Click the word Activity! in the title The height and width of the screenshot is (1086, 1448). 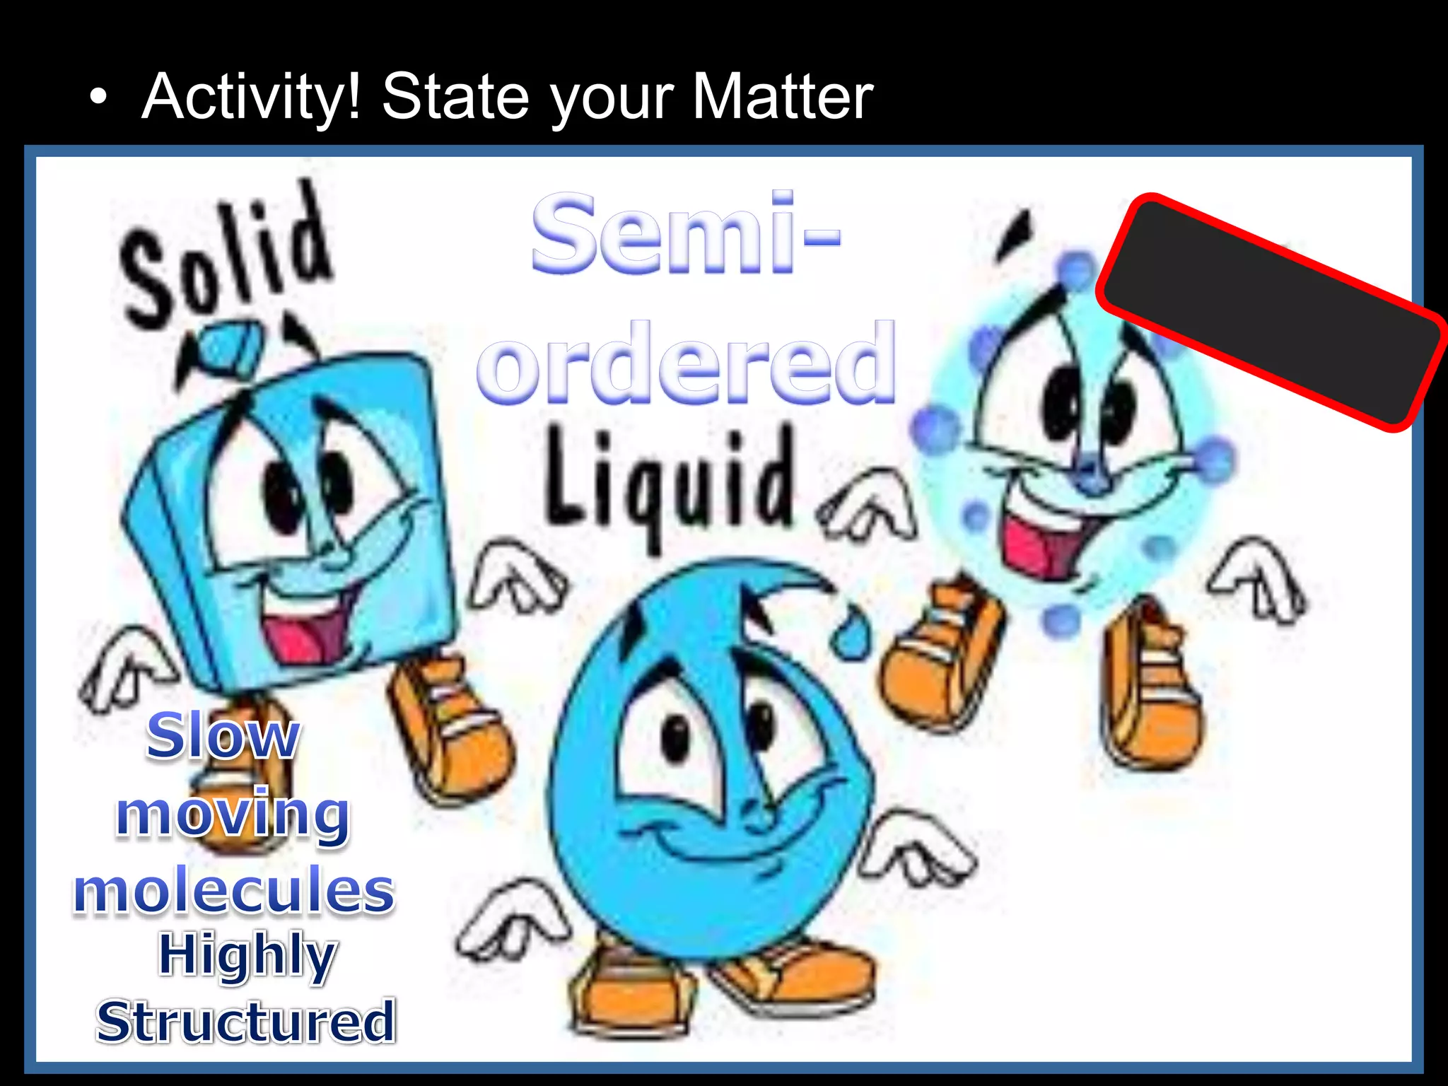pyautogui.click(x=252, y=98)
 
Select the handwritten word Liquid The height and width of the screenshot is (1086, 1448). pyautogui.click(x=668, y=481)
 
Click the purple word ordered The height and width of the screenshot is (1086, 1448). pyautogui.click(x=686, y=364)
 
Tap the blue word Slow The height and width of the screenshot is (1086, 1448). pyautogui.click(x=223, y=737)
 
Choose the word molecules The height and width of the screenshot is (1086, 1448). pyautogui.click(x=233, y=891)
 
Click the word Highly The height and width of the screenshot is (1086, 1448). pyautogui.click(x=247, y=956)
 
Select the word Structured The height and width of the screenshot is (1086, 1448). pyautogui.click(x=246, y=1022)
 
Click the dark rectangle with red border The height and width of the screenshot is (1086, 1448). pyautogui.click(x=1269, y=311)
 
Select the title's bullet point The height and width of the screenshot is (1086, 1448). pyautogui.click(x=100, y=99)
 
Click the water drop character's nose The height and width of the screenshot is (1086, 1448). pyautogui.click(x=760, y=813)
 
